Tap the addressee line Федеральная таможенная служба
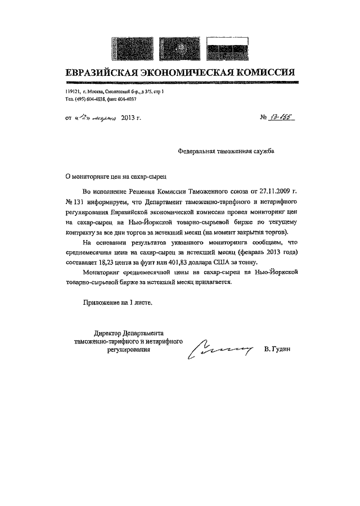[227, 151]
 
